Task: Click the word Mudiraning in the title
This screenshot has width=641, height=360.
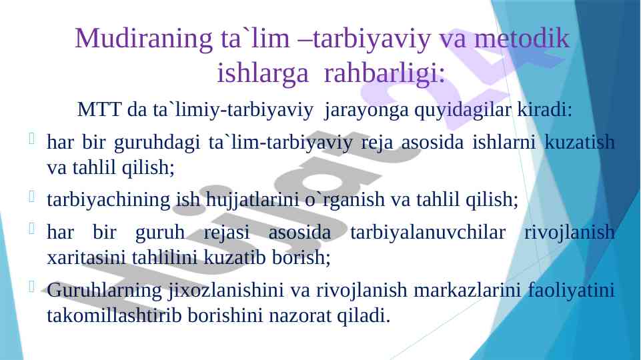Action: click(143, 39)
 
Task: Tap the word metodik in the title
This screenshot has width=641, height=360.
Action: click(522, 38)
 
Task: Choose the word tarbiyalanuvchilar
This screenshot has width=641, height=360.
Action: click(428, 233)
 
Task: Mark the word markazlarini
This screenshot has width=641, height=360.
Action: click(468, 290)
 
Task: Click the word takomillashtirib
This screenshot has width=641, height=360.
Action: click(114, 315)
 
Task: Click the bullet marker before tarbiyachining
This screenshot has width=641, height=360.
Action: click(32, 197)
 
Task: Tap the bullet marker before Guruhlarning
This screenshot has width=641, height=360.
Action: click(32, 287)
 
